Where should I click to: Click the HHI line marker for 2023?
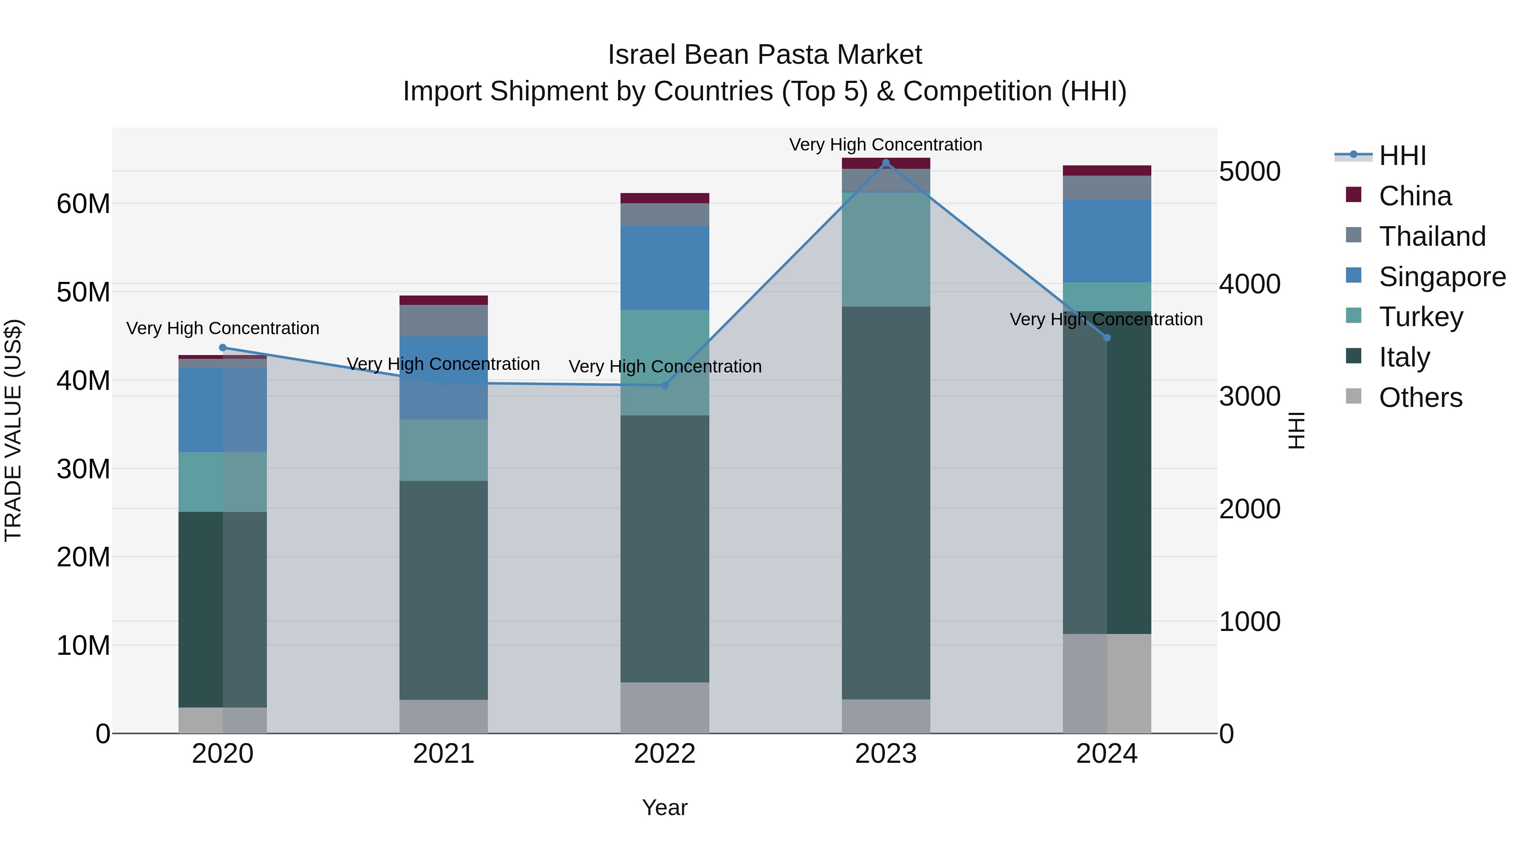[886, 162]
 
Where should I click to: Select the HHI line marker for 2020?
[223, 348]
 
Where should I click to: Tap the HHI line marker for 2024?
[1107, 338]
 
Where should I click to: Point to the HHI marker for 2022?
[665, 385]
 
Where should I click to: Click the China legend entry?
[1415, 196]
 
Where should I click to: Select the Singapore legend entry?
[1442, 277]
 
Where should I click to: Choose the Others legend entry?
[1420, 398]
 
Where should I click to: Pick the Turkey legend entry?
[1420, 317]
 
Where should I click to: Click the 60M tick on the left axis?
[83, 204]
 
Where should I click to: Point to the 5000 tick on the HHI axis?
[1249, 172]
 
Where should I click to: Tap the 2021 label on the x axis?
[444, 754]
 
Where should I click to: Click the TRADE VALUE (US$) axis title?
[13, 430]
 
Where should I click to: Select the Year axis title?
[665, 807]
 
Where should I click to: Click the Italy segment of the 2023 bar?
[886, 503]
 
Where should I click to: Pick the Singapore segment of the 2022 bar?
[665, 267]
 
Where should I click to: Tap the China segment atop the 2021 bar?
[444, 300]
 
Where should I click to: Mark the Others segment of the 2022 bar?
[665, 707]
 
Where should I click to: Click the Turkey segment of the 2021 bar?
[444, 450]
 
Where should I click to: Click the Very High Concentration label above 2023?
[886, 145]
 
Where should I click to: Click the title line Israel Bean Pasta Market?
[765, 55]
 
